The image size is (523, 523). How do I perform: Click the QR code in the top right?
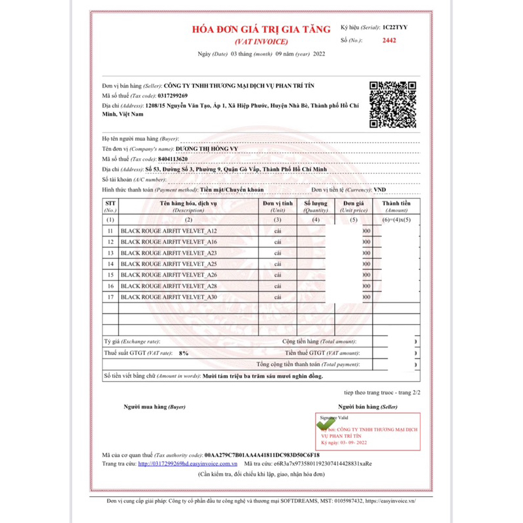point(393,104)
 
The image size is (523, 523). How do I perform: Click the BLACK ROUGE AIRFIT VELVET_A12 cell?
point(169,231)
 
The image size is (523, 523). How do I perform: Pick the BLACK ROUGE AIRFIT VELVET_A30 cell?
point(169,297)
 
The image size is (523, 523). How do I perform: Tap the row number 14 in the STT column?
point(110,264)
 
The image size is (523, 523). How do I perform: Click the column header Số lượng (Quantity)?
point(316,207)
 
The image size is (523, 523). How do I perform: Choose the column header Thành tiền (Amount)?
point(397,207)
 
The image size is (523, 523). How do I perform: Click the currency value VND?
point(379,190)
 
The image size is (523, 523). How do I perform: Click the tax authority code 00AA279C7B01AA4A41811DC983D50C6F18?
point(261,454)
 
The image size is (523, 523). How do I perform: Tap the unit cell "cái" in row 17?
point(278,297)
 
